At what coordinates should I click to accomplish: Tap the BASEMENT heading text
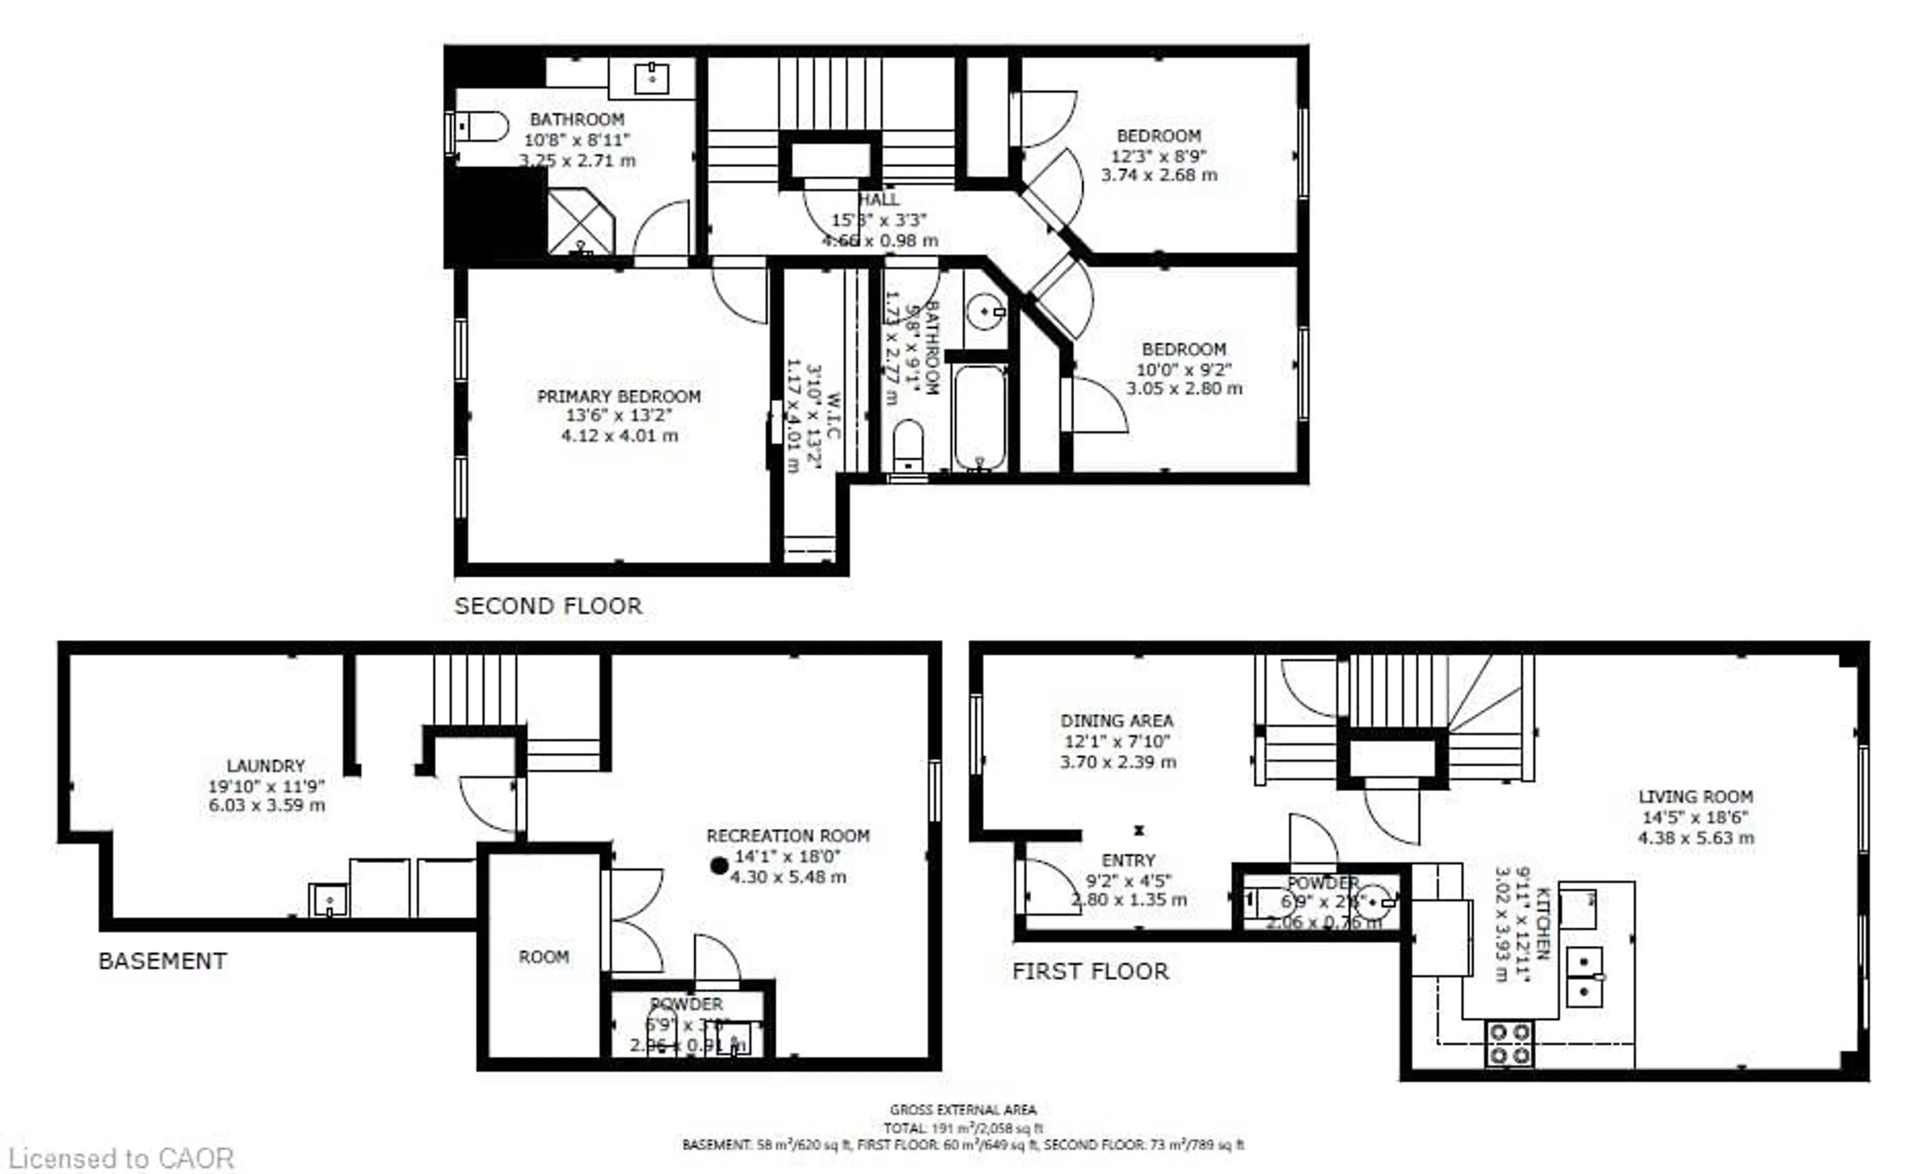(x=162, y=961)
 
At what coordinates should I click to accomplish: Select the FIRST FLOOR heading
(x=1090, y=972)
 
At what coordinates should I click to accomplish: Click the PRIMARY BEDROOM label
(x=619, y=397)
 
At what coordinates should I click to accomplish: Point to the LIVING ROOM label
(x=1695, y=797)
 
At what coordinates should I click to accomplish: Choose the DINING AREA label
(x=1117, y=721)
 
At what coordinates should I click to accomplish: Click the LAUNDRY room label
(x=265, y=766)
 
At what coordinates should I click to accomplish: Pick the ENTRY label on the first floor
(x=1128, y=860)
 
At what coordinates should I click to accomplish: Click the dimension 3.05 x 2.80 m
(x=1183, y=389)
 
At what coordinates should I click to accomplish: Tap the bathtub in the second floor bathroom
(x=980, y=418)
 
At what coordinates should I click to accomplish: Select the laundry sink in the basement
(x=329, y=900)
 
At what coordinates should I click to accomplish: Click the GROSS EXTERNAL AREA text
(x=963, y=1110)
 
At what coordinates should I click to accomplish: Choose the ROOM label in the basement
(x=543, y=957)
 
